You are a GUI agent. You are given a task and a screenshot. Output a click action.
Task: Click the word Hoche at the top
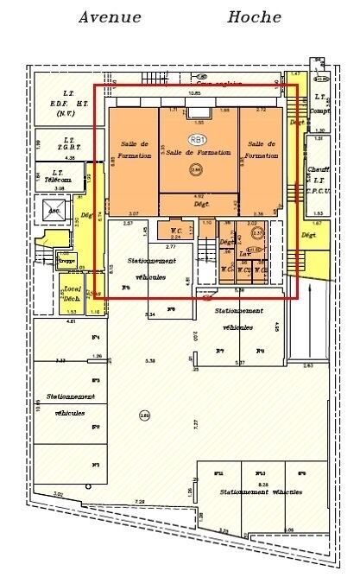pos(254,16)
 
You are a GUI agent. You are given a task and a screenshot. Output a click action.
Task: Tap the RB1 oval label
pos(198,139)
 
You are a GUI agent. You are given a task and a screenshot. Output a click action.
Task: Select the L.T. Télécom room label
pos(59,176)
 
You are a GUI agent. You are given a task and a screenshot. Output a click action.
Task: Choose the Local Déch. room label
pos(72,294)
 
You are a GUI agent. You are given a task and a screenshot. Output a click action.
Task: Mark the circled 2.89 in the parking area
pos(143,416)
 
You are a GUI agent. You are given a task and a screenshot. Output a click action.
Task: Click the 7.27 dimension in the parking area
pos(195,423)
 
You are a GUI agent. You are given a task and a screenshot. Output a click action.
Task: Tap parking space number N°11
pos(219,474)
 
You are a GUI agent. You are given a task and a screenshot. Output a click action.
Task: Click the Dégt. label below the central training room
pos(199,205)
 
